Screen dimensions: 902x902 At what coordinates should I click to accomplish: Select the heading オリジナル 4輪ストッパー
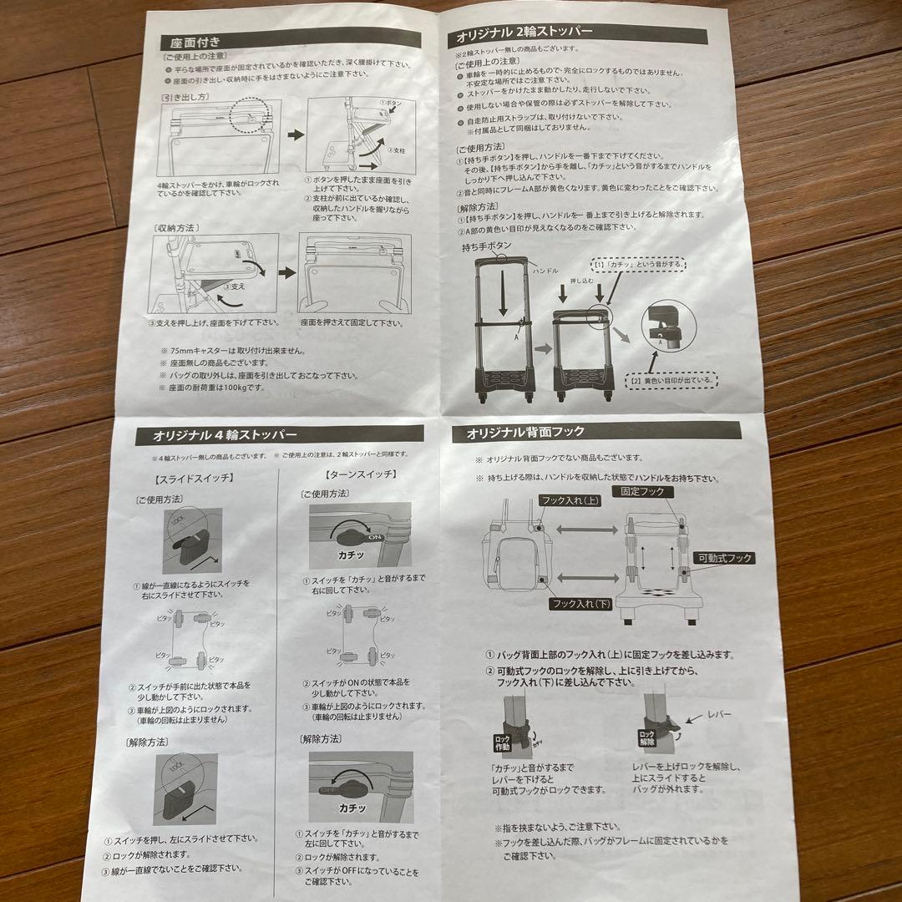tap(225, 434)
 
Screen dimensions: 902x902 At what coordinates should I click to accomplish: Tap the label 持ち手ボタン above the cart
tap(491, 247)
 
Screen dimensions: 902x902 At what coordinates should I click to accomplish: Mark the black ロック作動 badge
tap(503, 741)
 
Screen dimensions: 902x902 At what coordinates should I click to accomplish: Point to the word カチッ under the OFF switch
tap(354, 808)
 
